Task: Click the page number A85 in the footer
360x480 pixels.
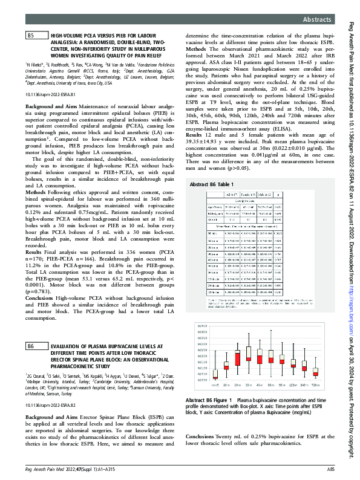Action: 331,469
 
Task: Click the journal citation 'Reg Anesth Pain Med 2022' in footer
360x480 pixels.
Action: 52,469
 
